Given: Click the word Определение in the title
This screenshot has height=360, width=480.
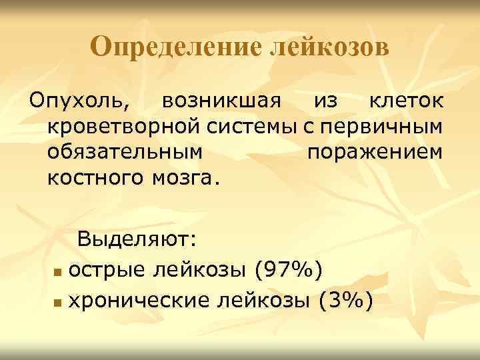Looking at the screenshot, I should pyautogui.click(x=176, y=48).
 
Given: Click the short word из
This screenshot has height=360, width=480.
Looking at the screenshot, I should pyautogui.click(x=327, y=103).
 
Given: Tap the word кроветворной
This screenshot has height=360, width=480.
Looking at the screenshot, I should pyautogui.click(x=121, y=127).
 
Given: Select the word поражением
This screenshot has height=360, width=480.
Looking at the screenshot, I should pyautogui.click(x=375, y=153).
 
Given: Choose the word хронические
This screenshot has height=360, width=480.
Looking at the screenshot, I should pyautogui.click(x=141, y=301).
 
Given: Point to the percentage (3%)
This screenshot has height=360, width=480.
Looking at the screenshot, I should pyautogui.click(x=345, y=301).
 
